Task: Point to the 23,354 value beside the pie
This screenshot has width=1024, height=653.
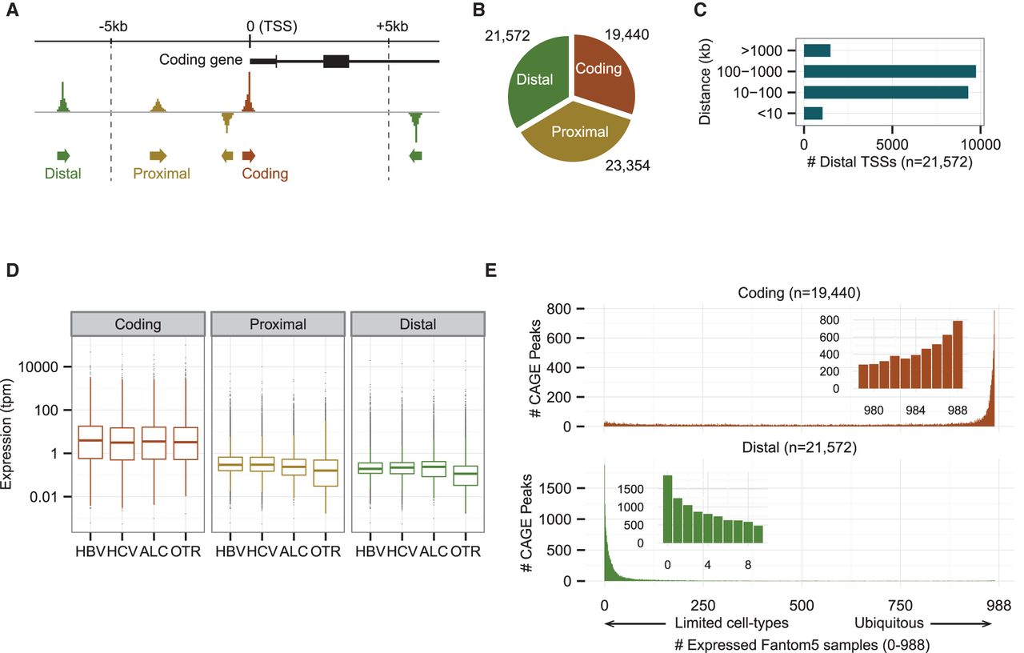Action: point(626,166)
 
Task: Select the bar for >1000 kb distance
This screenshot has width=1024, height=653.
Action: point(817,51)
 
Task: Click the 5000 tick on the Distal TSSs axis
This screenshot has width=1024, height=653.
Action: point(892,145)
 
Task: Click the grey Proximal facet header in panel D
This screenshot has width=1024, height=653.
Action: point(276,324)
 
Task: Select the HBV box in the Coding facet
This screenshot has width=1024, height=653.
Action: point(90,442)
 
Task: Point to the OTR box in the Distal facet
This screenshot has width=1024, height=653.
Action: point(465,475)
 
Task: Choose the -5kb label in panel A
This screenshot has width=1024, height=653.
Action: point(113,26)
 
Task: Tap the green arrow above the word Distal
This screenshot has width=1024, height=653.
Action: point(63,155)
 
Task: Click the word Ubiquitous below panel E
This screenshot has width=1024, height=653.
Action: point(889,622)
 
